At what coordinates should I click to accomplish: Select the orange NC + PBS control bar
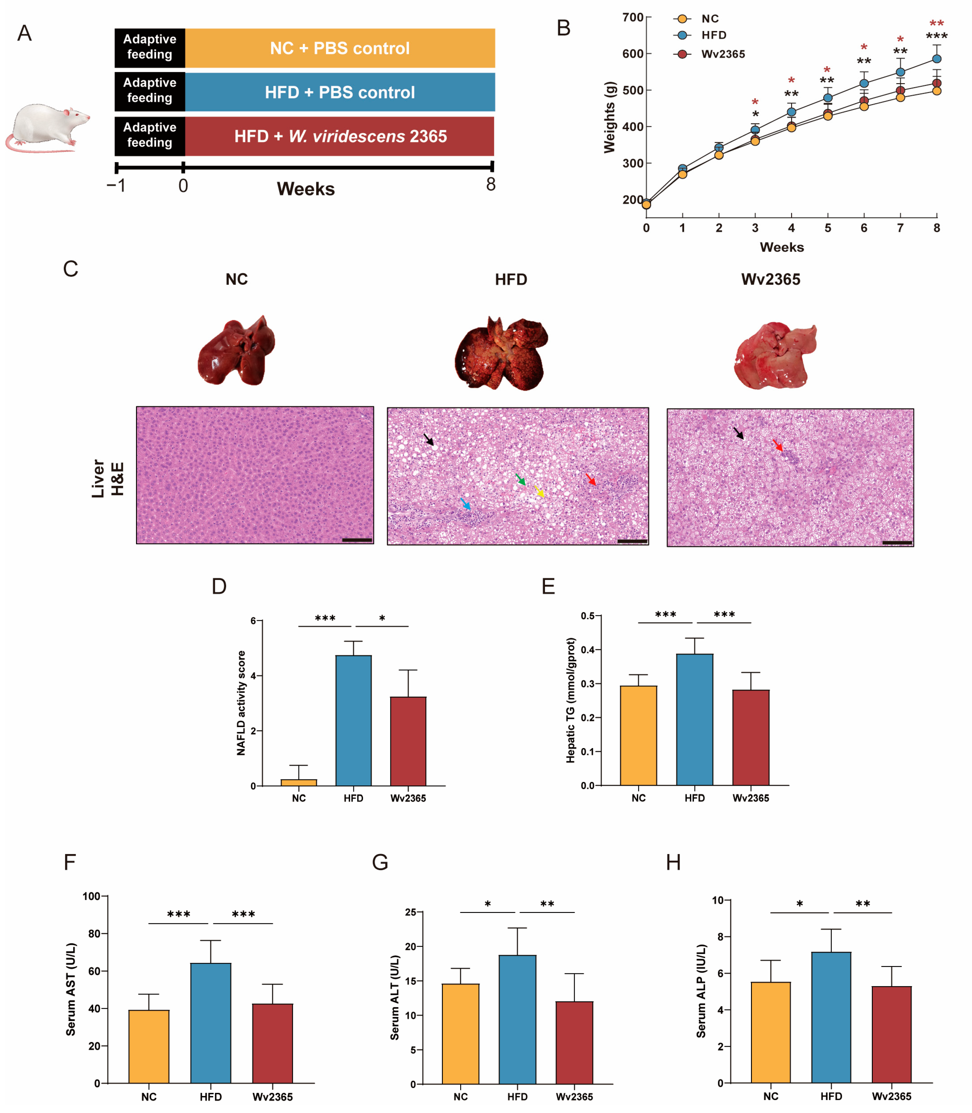pyautogui.click(x=340, y=48)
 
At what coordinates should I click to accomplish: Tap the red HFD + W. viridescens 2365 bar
pyautogui.click(x=340, y=136)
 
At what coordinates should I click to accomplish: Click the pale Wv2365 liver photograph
pyautogui.click(x=775, y=355)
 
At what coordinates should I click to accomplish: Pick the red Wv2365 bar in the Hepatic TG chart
pyautogui.click(x=751, y=738)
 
